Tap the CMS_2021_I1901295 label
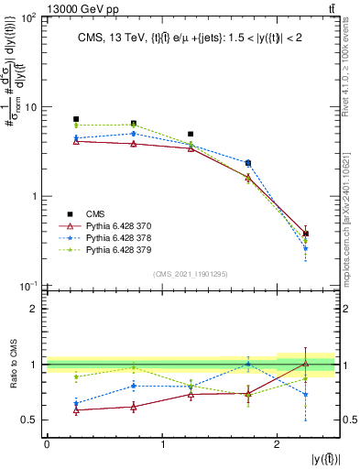[191, 274]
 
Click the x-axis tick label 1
[162, 444]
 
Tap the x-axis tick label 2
[278, 444]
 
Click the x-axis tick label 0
[47, 444]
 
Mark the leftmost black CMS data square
[76, 119]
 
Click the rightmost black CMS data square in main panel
[306, 234]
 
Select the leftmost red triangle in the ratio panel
[76, 409]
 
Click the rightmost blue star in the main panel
[306, 248]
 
